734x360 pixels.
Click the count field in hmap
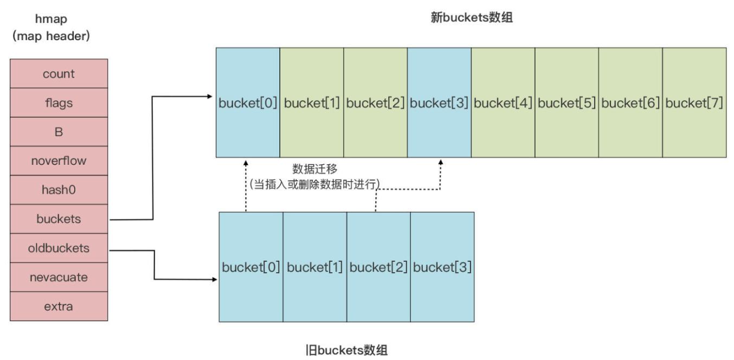point(59,74)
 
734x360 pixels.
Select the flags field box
point(59,103)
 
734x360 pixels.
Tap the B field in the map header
point(59,132)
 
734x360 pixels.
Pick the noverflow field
point(59,161)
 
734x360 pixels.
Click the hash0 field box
point(59,190)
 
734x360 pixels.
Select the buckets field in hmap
point(59,219)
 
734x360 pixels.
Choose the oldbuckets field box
point(59,248)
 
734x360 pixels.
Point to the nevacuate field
point(59,277)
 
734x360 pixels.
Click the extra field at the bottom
point(59,306)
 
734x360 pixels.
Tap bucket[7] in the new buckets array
point(694,103)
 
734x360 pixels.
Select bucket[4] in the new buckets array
point(503,103)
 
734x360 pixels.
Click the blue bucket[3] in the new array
point(439,103)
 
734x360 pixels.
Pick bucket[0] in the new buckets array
point(248,103)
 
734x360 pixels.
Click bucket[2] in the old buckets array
point(378,267)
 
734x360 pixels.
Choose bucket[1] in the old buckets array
point(314,267)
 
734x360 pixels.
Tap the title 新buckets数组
point(471,17)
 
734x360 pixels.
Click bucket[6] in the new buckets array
point(630,103)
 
